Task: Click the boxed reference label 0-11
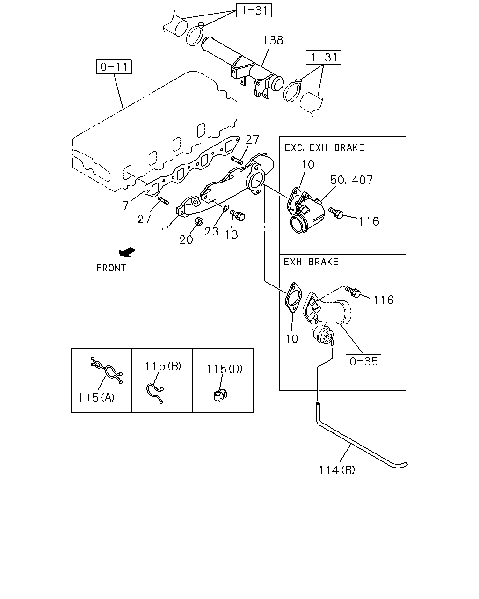click(x=114, y=67)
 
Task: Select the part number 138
click(x=273, y=40)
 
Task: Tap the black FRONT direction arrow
click(x=127, y=252)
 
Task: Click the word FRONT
click(x=111, y=268)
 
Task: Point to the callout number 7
click(x=125, y=206)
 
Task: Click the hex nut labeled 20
click(x=198, y=221)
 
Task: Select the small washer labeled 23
click(x=226, y=207)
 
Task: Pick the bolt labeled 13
click(x=238, y=215)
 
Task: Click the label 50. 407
click(x=351, y=180)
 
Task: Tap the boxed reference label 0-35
click(x=363, y=361)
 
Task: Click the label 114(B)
click(x=337, y=470)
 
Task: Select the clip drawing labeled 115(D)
click(x=220, y=395)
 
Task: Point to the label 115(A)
click(x=96, y=397)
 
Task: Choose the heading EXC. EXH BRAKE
click(x=324, y=148)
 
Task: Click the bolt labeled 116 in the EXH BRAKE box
click(x=353, y=292)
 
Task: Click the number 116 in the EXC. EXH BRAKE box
click(x=369, y=221)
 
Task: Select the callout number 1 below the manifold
click(x=163, y=233)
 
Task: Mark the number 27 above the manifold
click(x=252, y=139)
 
